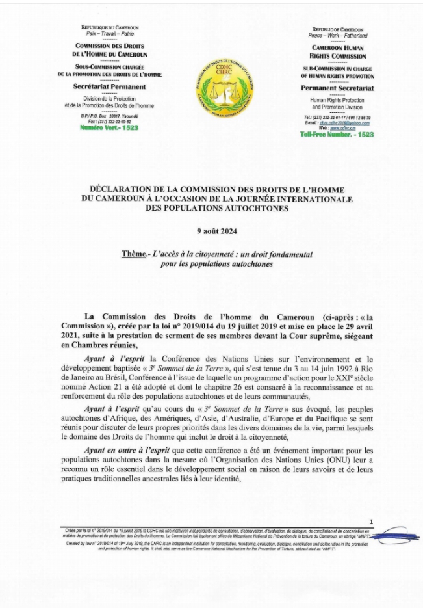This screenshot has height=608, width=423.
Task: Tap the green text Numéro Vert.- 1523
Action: coord(109,128)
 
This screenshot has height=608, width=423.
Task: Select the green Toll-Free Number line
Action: coord(337,134)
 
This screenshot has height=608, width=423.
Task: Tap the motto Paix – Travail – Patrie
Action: coord(109,33)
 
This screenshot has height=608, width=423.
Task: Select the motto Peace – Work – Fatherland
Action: coord(337,36)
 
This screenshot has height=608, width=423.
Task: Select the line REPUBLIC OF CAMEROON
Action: coord(337,30)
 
